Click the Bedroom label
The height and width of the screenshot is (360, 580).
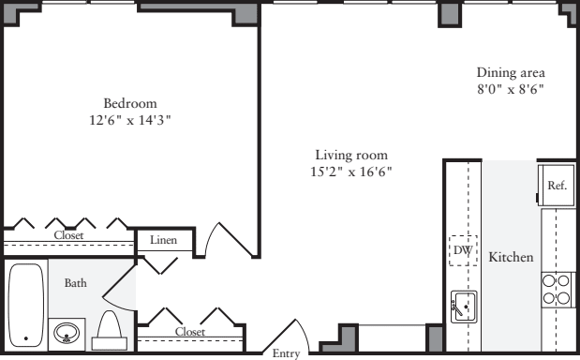coord(129,103)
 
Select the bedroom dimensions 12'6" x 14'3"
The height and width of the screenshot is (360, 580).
coord(129,120)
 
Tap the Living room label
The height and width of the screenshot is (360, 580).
coord(350,155)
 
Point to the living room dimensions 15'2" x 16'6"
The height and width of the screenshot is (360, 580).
coord(350,172)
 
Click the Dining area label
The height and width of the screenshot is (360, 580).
coord(511,72)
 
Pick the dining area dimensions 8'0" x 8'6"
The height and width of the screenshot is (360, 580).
coord(511,89)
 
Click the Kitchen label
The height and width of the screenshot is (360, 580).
coord(511,256)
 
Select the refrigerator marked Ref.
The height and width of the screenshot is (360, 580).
coord(557,186)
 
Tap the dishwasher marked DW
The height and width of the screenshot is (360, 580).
coord(462,250)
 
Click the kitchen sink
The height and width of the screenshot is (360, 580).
coord(464,307)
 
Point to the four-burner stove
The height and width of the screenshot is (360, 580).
coord(557,289)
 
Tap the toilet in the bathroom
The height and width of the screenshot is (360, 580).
coord(109,328)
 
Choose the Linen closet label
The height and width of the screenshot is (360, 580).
coord(164,242)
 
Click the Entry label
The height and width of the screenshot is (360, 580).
coord(286,353)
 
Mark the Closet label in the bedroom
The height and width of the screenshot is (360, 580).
coord(69,236)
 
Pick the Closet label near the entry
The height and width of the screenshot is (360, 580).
coord(189,332)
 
